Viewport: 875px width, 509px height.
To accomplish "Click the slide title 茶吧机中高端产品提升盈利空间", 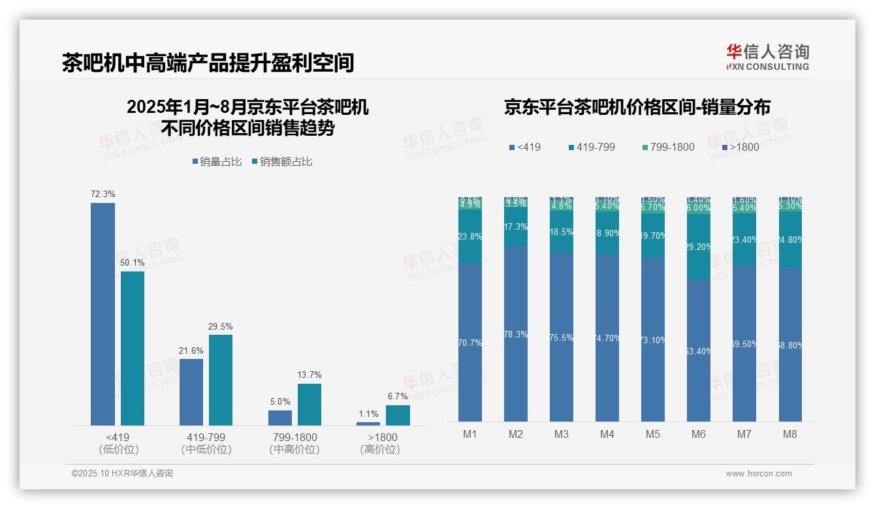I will [x=208, y=63].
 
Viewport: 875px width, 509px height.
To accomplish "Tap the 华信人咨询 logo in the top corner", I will [x=767, y=57].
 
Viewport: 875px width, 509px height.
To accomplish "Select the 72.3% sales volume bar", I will [x=103, y=314].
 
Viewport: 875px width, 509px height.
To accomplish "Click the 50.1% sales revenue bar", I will [x=133, y=348].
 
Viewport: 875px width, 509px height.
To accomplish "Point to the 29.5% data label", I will [x=221, y=326].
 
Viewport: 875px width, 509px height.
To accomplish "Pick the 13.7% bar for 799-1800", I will [x=310, y=405].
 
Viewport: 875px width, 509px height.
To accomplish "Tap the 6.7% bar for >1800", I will [x=398, y=415].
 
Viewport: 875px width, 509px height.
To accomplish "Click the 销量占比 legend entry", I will [x=217, y=162].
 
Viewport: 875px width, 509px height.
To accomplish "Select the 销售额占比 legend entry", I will [x=281, y=162].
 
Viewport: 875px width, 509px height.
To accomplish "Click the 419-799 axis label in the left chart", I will [x=206, y=437].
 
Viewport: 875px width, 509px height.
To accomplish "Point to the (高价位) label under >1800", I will [x=379, y=450].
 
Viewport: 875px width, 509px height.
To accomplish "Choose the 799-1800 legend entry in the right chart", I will [x=668, y=147].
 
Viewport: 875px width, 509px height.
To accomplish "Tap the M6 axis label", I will [x=699, y=434].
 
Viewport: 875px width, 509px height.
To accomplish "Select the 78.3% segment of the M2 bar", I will [x=516, y=333].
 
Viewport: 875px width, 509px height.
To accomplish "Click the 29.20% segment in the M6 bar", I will [x=699, y=247].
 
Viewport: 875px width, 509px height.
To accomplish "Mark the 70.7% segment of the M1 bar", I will [x=470, y=342].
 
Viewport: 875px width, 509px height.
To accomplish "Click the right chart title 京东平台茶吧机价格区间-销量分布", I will [x=637, y=107].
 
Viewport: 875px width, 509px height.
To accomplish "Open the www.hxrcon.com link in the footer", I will [x=759, y=474].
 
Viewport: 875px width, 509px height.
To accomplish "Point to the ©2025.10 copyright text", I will [x=122, y=473].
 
